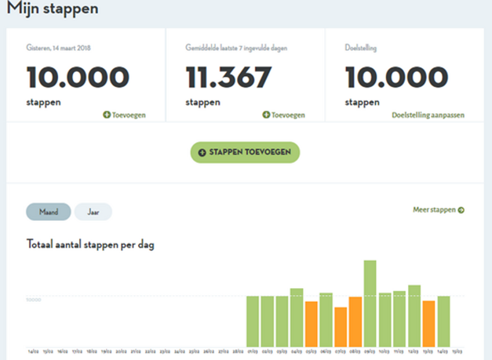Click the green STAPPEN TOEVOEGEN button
coord(245,152)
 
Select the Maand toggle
coord(48,212)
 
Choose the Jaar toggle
coord(93,212)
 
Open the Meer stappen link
coord(438,210)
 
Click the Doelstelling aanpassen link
coord(428,115)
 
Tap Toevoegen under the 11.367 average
coord(284,115)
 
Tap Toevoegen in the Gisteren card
coord(124,115)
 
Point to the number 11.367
coord(229,77)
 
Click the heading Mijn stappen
coord(53,9)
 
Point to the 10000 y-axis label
coord(33,299)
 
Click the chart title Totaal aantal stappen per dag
coord(91,245)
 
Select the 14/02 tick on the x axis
coord(33,351)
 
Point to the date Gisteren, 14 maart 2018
coord(58,47)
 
